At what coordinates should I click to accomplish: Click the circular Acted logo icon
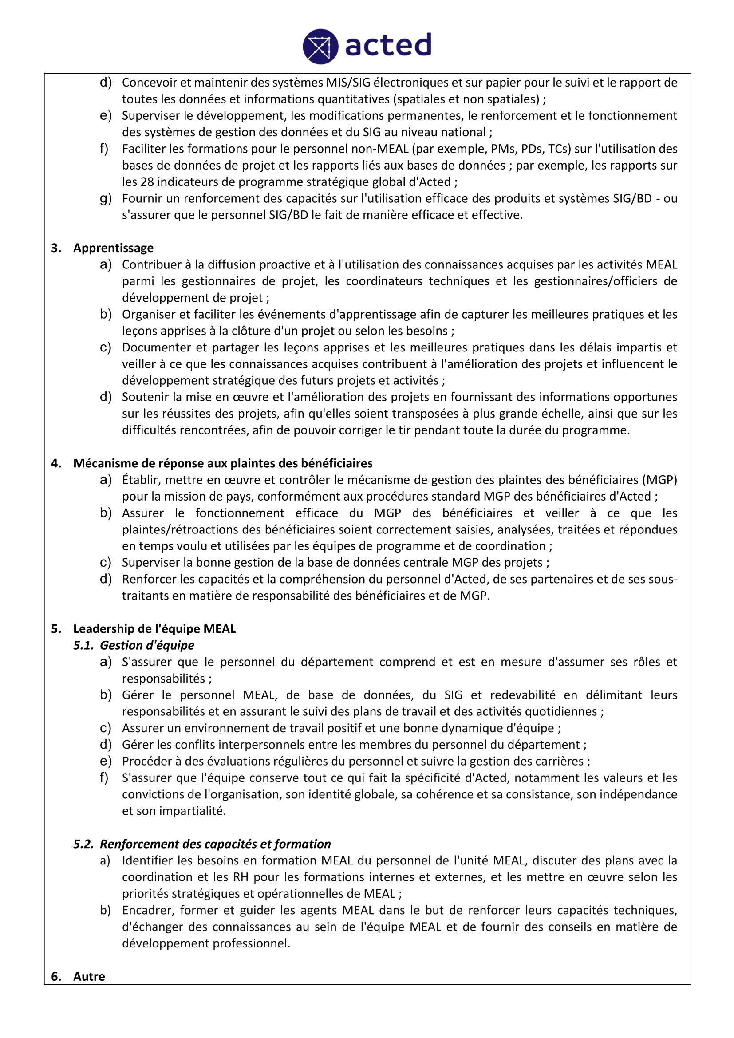320,46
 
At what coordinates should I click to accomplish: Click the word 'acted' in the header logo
388,45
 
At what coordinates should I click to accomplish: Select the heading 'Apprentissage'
113,248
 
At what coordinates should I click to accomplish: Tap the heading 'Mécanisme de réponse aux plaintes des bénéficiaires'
223,463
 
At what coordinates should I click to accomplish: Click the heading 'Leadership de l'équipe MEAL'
154,628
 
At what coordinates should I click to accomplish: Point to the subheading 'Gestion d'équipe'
147,645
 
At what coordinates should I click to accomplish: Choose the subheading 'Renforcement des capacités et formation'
215,844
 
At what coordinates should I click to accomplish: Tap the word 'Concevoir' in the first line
149,82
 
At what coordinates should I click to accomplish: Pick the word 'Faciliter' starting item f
144,149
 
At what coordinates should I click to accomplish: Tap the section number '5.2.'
83,844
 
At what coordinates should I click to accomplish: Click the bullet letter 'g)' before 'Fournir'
105,198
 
